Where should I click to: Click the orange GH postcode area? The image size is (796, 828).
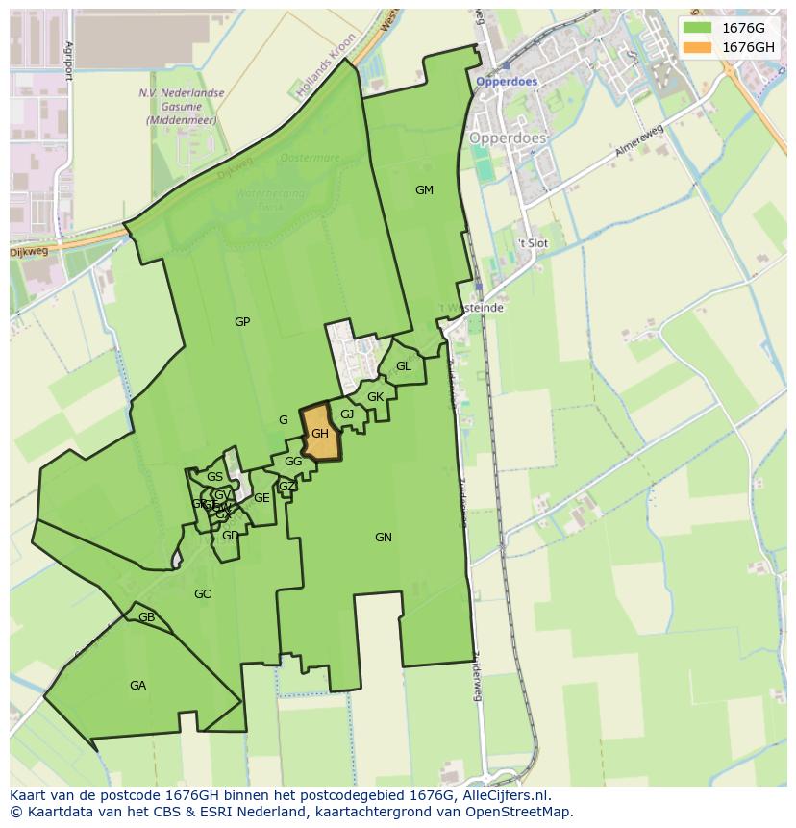(x=320, y=434)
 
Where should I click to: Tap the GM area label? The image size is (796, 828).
(x=424, y=190)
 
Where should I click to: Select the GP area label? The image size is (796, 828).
(x=242, y=322)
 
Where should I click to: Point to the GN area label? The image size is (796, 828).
(x=384, y=538)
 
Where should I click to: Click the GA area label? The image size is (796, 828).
(x=137, y=686)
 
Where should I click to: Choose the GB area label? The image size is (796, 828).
(x=146, y=617)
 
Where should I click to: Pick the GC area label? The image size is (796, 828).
(x=202, y=594)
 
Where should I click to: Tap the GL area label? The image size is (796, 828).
(x=404, y=366)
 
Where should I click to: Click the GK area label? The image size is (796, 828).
(x=375, y=397)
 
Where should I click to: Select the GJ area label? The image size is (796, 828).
(x=347, y=414)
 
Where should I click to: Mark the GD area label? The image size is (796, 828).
(x=230, y=536)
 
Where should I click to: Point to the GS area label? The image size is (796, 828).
(x=214, y=477)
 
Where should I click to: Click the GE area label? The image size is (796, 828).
(x=261, y=498)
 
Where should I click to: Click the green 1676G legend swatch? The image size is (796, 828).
(x=697, y=28)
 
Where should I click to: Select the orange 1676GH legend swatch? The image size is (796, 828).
(x=697, y=47)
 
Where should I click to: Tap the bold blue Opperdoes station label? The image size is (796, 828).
(x=507, y=82)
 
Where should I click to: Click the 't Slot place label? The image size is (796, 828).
(x=533, y=243)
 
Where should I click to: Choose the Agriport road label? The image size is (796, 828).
(x=68, y=62)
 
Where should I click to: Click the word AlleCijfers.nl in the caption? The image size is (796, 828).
(x=503, y=795)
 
